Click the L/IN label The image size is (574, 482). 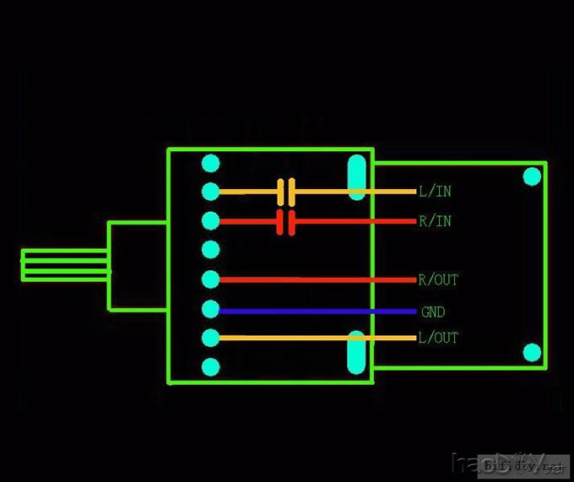coord(435,192)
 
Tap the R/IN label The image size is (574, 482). coord(435,221)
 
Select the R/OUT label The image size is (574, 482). coord(438,279)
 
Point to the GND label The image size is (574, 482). coord(433,311)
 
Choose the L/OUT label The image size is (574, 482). coord(438,338)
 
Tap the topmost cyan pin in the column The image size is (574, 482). coord(211,163)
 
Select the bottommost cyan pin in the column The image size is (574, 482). coord(211,367)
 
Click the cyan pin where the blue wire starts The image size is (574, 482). coord(211,309)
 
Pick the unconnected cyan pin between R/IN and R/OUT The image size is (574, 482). coord(211,250)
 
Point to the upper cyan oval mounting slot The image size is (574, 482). coord(358,176)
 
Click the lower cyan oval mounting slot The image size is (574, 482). coord(358,353)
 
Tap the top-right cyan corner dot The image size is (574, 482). coord(532,176)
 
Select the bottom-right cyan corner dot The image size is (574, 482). coord(532,352)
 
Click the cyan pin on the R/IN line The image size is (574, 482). coord(211,221)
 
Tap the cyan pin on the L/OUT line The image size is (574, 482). coord(211,338)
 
